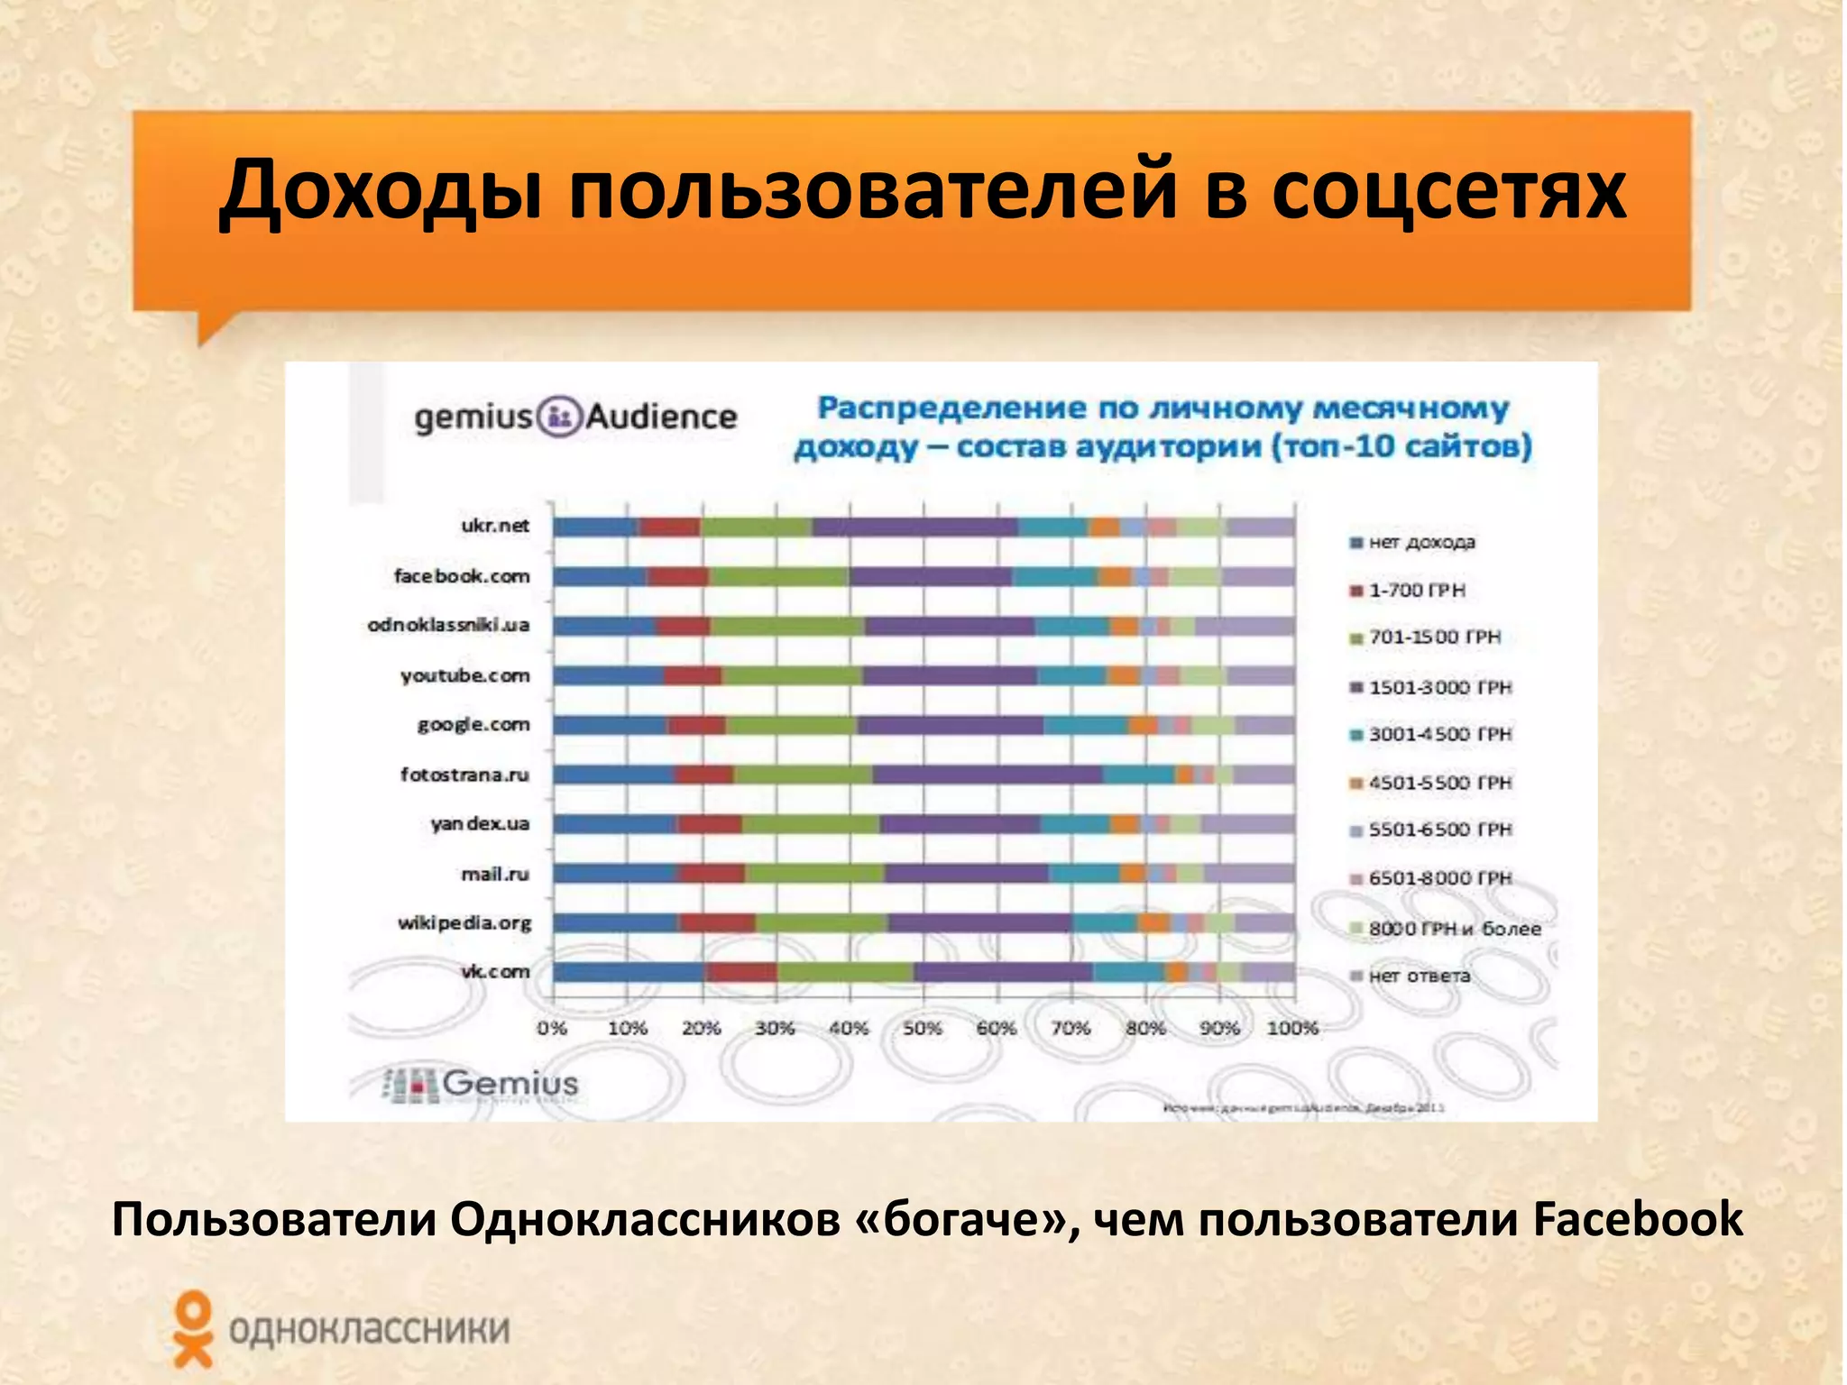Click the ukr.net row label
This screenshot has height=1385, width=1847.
pyautogui.click(x=495, y=526)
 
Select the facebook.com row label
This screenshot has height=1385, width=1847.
pyautogui.click(x=462, y=576)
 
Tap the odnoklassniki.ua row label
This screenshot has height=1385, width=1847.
pyautogui.click(x=448, y=626)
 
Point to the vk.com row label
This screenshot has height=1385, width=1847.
pyautogui.click(x=495, y=972)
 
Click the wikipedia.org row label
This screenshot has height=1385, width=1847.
pyautogui.click(x=464, y=922)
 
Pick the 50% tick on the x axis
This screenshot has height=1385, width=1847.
pyautogui.click(x=923, y=1028)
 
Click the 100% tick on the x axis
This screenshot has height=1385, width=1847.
pyautogui.click(x=1292, y=1028)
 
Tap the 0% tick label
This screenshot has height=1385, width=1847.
pyautogui.click(x=552, y=1028)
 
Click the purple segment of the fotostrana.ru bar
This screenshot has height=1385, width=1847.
pyautogui.click(x=987, y=775)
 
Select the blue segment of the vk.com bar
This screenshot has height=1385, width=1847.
pyautogui.click(x=629, y=972)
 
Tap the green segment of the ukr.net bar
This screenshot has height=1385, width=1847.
pyautogui.click(x=756, y=527)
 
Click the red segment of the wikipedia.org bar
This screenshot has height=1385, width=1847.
pyautogui.click(x=718, y=922)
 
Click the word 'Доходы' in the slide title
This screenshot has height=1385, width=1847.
pyautogui.click(x=381, y=191)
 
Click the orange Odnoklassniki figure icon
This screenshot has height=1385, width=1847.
pyautogui.click(x=193, y=1327)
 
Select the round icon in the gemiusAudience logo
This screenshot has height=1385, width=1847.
pyautogui.click(x=559, y=417)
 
